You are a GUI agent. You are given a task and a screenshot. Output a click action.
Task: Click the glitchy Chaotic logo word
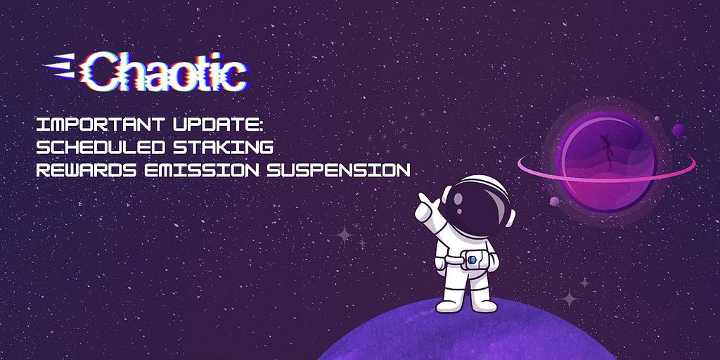(162, 72)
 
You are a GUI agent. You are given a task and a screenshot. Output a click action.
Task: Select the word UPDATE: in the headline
(205, 124)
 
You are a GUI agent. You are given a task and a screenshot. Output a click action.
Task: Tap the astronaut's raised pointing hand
(425, 205)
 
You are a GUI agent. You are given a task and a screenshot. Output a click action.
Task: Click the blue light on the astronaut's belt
(472, 260)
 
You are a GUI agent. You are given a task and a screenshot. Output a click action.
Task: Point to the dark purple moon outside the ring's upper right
(679, 130)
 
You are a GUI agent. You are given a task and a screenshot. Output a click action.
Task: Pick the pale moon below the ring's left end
(554, 201)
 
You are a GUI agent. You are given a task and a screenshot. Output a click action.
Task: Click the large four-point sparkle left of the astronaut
(344, 236)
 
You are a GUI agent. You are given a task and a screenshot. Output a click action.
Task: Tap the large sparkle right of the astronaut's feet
(570, 298)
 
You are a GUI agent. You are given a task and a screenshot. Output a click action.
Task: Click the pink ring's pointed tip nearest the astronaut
(518, 162)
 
